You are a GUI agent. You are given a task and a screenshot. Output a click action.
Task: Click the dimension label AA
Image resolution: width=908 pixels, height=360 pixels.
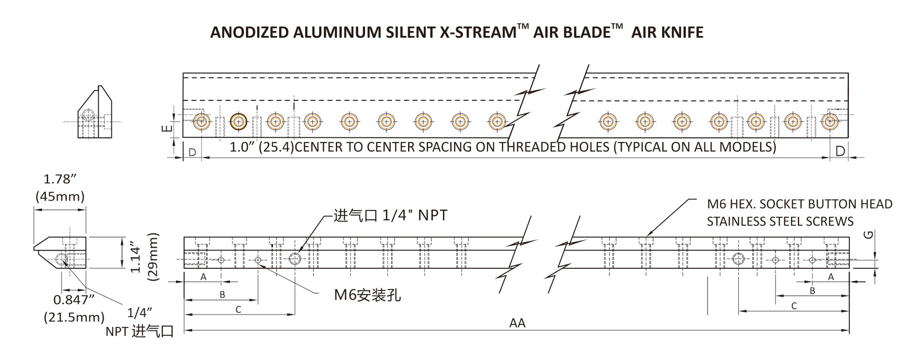coord(517,323)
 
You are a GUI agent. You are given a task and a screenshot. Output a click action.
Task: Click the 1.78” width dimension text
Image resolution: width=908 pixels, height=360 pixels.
coord(60,179)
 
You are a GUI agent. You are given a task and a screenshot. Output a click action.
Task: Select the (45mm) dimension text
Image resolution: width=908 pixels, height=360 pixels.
coord(60,196)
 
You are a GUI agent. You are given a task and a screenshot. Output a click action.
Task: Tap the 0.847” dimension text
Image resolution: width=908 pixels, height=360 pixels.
coord(74,300)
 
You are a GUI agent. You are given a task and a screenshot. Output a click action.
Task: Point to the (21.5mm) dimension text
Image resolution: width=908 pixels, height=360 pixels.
coord(74,317)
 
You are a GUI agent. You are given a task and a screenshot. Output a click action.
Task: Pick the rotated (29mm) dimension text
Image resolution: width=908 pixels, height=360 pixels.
coord(152,257)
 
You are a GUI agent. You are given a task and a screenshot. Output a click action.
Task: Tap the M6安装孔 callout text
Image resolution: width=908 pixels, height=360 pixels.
coord(367,295)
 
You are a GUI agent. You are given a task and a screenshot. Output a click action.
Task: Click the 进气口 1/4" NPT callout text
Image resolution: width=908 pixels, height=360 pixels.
coord(390,216)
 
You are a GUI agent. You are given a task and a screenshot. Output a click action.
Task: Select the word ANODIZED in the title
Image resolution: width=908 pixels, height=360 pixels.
coord(249,33)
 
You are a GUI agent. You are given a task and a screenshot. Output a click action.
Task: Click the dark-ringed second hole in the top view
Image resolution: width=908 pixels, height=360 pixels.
coord(238,122)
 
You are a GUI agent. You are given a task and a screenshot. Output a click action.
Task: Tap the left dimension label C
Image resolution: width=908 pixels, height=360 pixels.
coord(238,309)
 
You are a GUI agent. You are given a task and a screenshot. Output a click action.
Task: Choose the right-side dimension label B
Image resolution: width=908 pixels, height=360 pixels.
coord(812,290)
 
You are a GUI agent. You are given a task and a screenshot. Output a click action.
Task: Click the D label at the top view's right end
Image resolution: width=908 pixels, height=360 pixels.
coord(840,151)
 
